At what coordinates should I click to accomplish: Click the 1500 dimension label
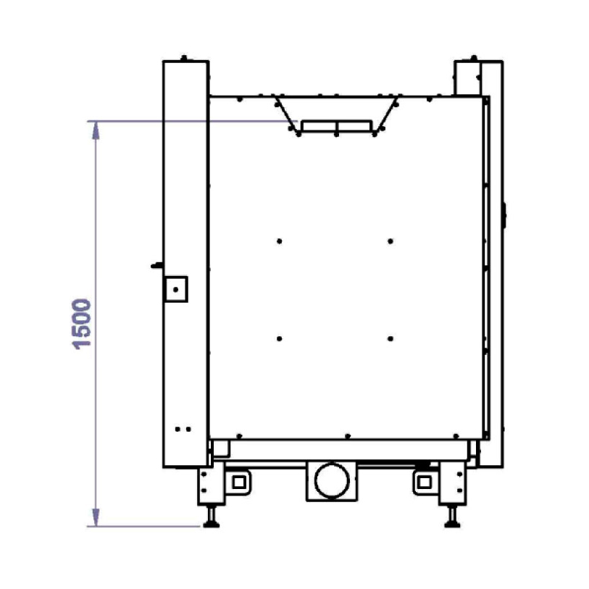coord(82,324)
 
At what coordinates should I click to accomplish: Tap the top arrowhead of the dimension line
coord(96,130)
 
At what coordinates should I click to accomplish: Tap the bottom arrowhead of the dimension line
coord(96,517)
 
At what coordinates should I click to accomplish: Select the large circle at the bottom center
coord(332,480)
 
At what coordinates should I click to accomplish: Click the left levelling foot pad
coord(211,525)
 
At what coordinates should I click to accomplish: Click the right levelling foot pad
coord(452,525)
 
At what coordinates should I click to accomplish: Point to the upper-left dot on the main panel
coord(279,241)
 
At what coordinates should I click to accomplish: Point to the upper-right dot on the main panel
coord(390,241)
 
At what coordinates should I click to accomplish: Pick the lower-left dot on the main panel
coord(279,339)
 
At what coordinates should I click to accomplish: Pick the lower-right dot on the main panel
coord(390,339)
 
